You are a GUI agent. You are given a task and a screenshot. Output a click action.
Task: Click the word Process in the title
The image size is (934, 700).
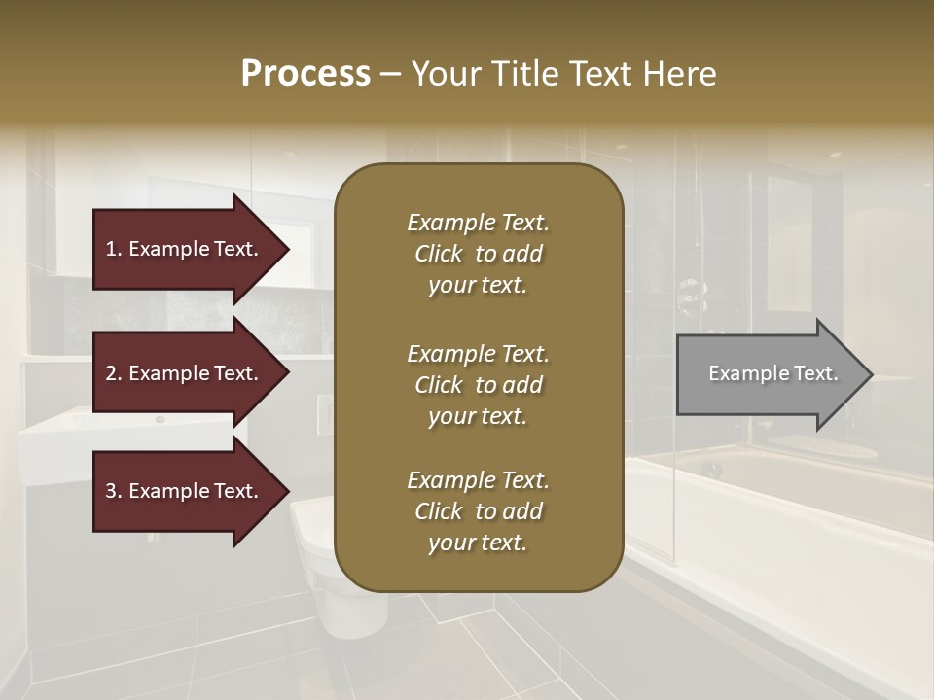305,73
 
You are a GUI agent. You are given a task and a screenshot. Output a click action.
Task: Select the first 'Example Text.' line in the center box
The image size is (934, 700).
478,223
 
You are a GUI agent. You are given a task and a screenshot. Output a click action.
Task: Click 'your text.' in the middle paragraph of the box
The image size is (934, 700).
478,416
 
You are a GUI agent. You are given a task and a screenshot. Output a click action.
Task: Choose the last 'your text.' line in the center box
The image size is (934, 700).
478,543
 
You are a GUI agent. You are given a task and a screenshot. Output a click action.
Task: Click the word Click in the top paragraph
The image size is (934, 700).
439,254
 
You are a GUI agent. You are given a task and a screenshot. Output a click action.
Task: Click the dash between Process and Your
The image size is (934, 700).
390,75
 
